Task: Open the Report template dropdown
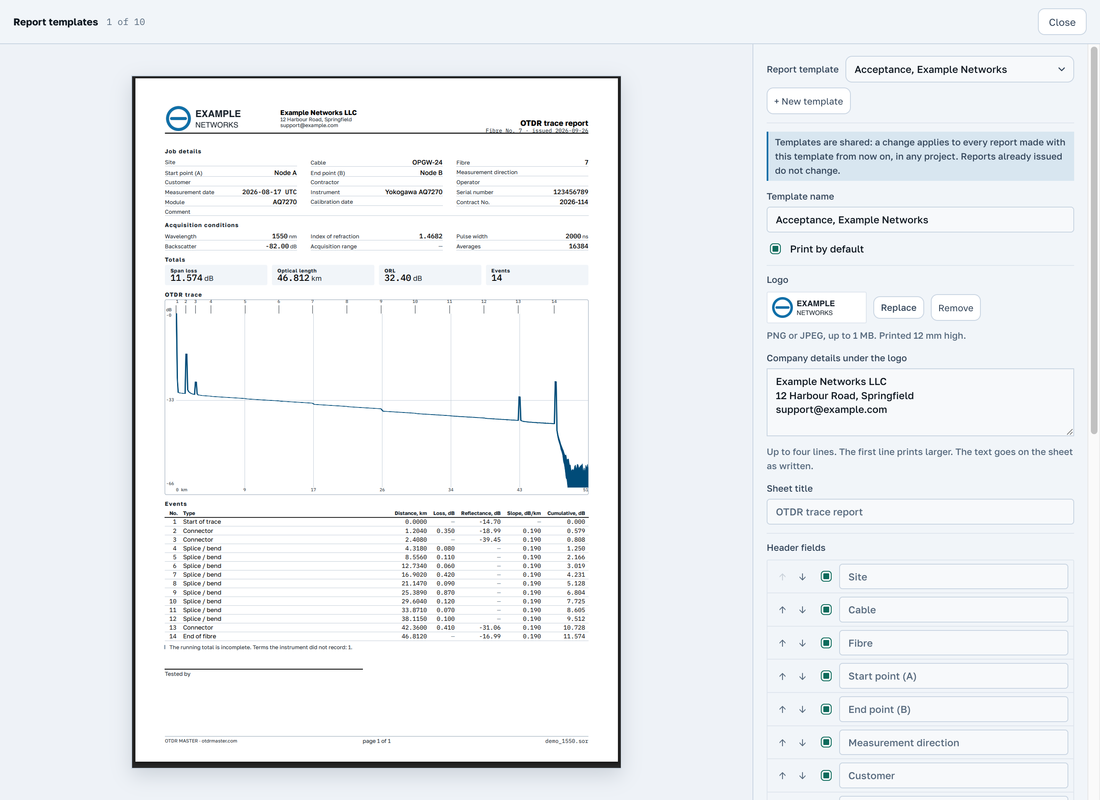coord(959,70)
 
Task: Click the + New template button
coord(808,101)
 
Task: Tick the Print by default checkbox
coord(775,249)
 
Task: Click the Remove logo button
coord(955,307)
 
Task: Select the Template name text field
coord(920,220)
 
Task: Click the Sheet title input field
coord(920,512)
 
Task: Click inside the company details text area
coord(920,402)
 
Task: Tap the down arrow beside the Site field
coord(802,577)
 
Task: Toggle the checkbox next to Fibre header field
coord(826,643)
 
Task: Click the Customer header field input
coord(953,775)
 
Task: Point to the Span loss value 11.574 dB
coord(192,278)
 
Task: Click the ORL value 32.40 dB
coord(403,278)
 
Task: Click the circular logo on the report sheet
coord(178,118)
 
